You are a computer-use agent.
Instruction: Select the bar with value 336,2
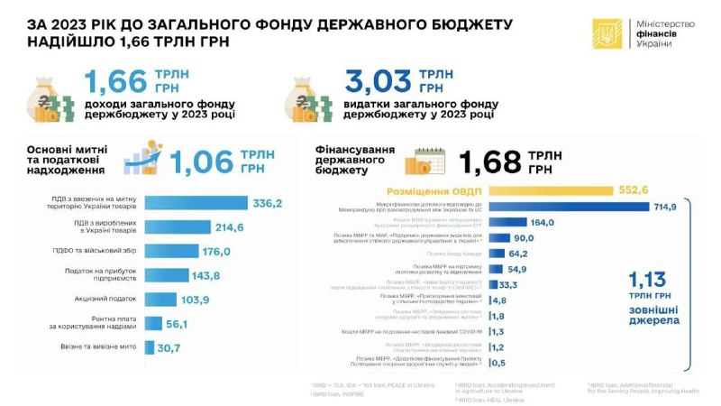(x=196, y=203)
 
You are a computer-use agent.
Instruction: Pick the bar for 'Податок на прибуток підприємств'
(x=167, y=274)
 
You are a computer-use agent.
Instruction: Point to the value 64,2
(x=516, y=254)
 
